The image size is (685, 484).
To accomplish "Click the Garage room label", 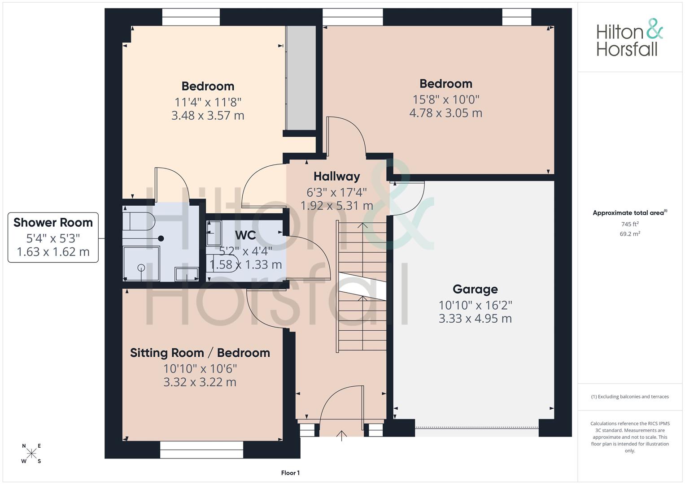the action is (x=475, y=289).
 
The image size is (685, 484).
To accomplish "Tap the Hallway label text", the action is (x=337, y=176).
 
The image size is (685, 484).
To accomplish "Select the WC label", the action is (x=245, y=235).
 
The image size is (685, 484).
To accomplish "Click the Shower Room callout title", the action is (x=53, y=222).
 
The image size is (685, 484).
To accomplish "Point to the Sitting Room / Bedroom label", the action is (x=200, y=353).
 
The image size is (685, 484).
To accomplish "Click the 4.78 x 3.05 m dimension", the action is (x=445, y=113).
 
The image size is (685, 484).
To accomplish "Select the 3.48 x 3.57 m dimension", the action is (x=208, y=116).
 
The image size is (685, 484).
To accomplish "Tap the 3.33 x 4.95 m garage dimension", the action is (x=475, y=318).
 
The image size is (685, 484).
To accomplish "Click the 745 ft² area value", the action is (x=630, y=224).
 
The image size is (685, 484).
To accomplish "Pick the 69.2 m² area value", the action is (x=630, y=234).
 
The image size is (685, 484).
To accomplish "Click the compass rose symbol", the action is (x=31, y=453).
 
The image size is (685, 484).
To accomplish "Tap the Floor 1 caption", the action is (x=290, y=473).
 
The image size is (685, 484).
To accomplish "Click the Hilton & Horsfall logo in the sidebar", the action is (x=630, y=38).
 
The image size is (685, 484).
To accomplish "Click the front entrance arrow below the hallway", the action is (x=341, y=436).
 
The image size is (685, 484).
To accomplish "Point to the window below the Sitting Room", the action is (x=201, y=449).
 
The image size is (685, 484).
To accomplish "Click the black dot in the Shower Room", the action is (x=161, y=238).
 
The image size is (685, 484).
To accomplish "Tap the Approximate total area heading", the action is (x=630, y=213).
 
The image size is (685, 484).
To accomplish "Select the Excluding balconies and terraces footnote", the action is (x=630, y=397).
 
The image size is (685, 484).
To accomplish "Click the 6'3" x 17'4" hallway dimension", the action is (x=337, y=193).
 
